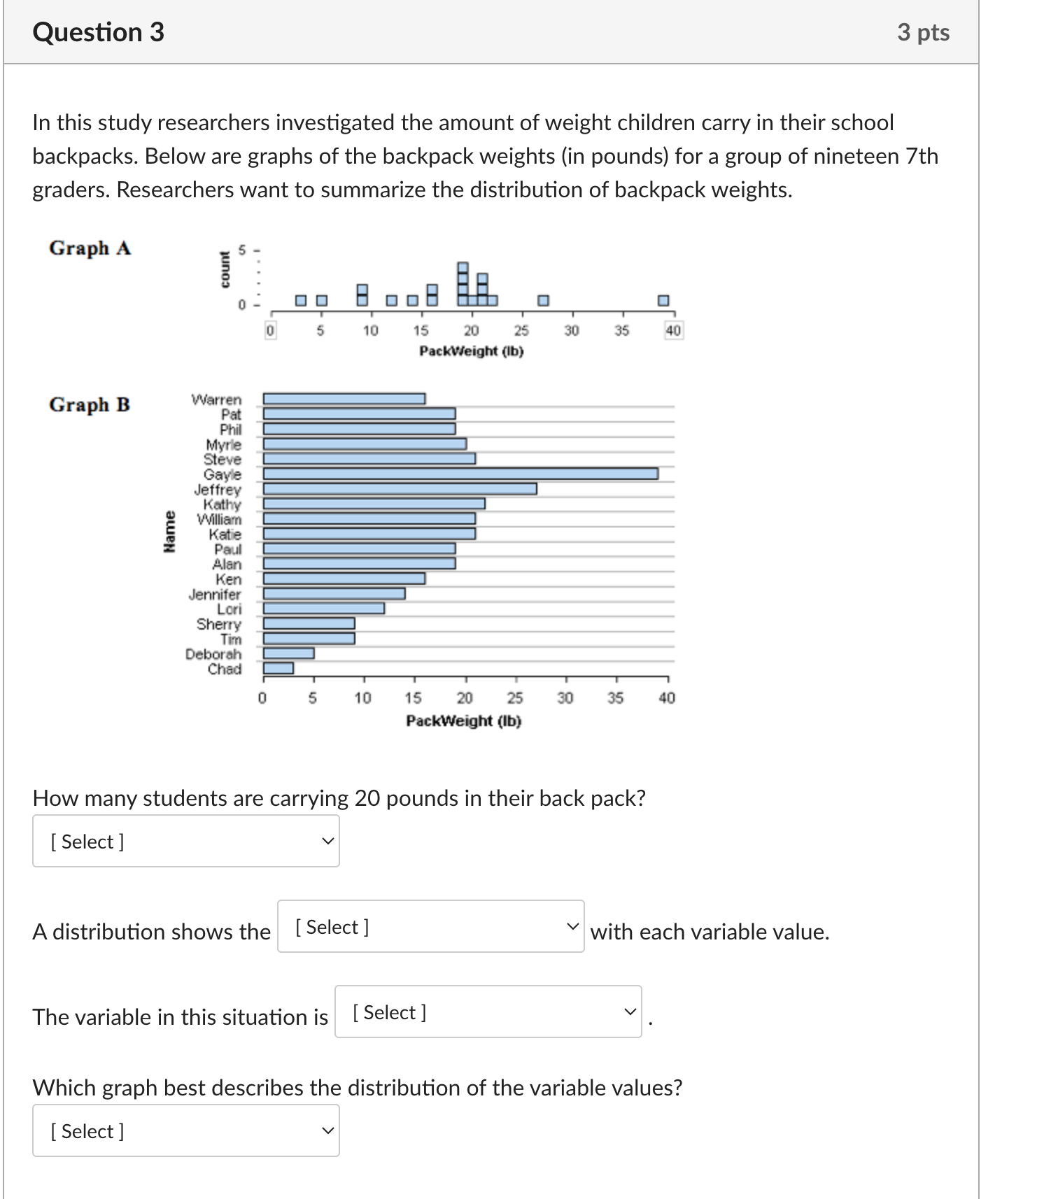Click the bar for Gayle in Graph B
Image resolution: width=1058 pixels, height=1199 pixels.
point(460,474)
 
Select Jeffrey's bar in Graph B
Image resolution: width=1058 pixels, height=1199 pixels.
point(400,488)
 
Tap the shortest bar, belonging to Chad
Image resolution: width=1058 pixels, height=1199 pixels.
point(278,668)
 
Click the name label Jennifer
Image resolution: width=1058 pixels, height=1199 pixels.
point(214,594)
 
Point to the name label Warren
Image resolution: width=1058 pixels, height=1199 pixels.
point(216,399)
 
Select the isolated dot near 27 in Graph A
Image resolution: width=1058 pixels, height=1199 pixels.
point(543,300)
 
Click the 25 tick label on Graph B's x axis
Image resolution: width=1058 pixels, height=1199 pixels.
point(515,697)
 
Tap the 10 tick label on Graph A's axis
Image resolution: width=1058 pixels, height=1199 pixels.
point(370,330)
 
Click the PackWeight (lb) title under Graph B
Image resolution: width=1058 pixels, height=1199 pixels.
point(463,721)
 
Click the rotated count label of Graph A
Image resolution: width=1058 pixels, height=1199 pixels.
point(225,269)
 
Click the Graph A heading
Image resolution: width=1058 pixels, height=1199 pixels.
point(90,248)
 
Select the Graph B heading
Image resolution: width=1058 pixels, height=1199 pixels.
point(90,404)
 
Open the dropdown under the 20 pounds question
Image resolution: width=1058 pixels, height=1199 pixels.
point(185,841)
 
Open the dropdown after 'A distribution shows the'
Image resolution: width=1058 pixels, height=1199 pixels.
point(430,926)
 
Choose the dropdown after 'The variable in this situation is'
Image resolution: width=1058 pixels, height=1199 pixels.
point(488,1012)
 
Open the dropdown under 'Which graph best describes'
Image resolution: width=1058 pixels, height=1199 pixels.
point(185,1130)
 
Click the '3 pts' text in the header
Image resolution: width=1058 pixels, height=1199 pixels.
point(923,32)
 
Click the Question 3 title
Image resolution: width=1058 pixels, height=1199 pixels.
point(99,32)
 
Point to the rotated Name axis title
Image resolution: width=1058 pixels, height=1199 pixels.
point(169,532)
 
